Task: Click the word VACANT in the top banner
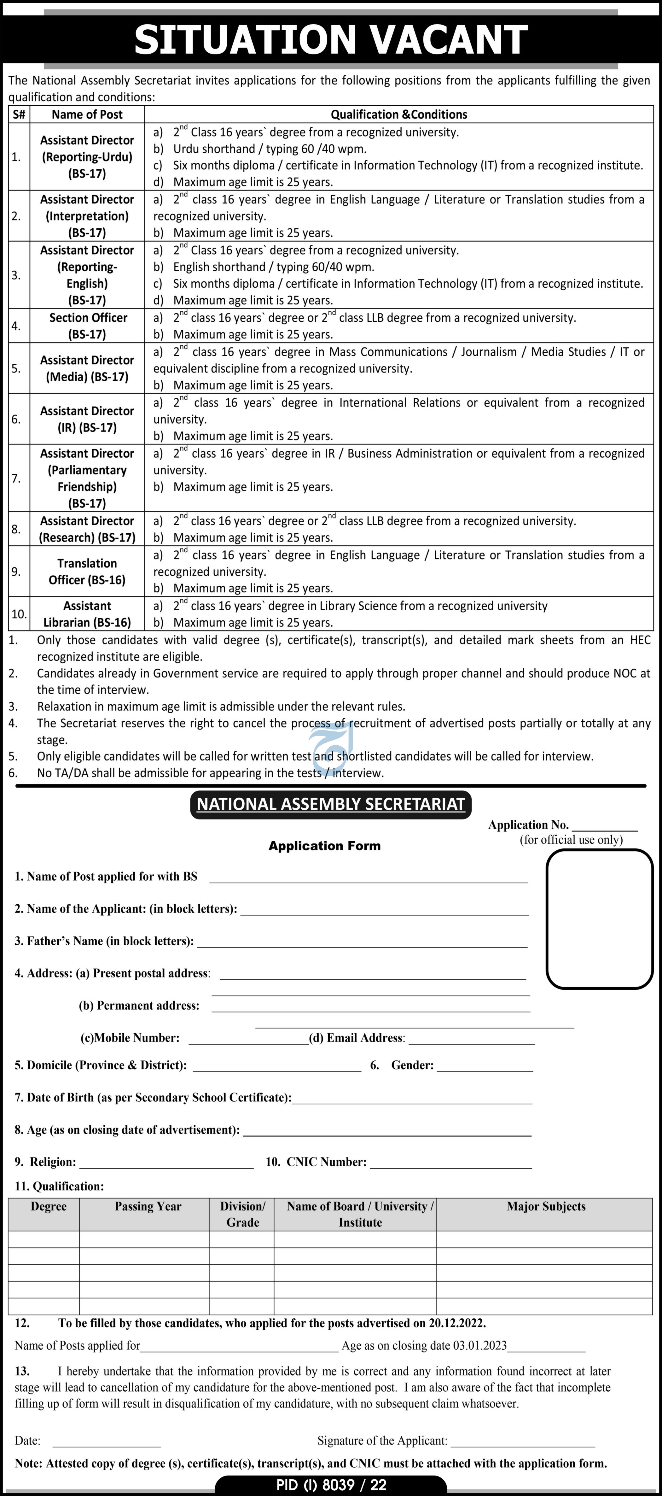coord(448,39)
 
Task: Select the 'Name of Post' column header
coord(87,114)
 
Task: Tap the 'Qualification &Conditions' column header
coord(398,114)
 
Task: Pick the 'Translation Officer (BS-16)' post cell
coord(87,572)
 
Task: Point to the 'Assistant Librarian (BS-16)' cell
coord(87,614)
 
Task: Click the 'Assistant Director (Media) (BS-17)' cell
coord(87,368)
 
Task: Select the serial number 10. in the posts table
coord(19,614)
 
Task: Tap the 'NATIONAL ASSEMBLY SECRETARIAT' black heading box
coord(331,804)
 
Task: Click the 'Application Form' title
coord(324,846)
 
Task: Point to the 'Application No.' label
coord(528,825)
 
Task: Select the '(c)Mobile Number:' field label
coord(130,1038)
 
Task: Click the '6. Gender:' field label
coord(402,1065)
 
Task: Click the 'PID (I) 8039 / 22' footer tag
coord(331,1485)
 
